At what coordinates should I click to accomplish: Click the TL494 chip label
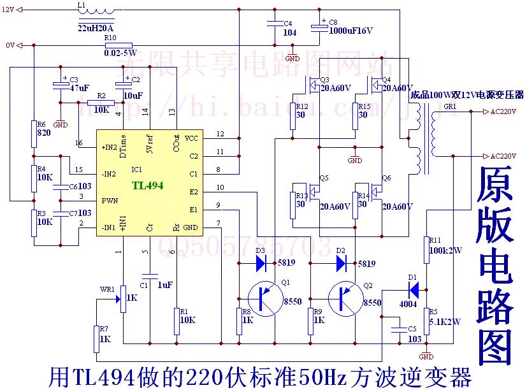pyautogui.click(x=147, y=185)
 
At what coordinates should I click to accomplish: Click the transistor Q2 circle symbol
pyautogui.click(x=344, y=298)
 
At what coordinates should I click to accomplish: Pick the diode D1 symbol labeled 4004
pyautogui.click(x=414, y=290)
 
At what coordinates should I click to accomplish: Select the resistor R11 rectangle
pyautogui.click(x=426, y=250)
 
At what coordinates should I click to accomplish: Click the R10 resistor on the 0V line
pyautogui.click(x=119, y=45)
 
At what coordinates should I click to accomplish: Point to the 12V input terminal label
pyautogui.click(x=8, y=10)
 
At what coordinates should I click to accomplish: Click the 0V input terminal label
pyautogui.click(x=9, y=45)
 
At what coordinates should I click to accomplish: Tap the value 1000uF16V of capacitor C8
pyautogui.click(x=350, y=31)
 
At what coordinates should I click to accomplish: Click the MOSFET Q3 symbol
pyautogui.click(x=315, y=84)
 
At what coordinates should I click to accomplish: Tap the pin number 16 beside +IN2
pyautogui.click(x=79, y=142)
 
